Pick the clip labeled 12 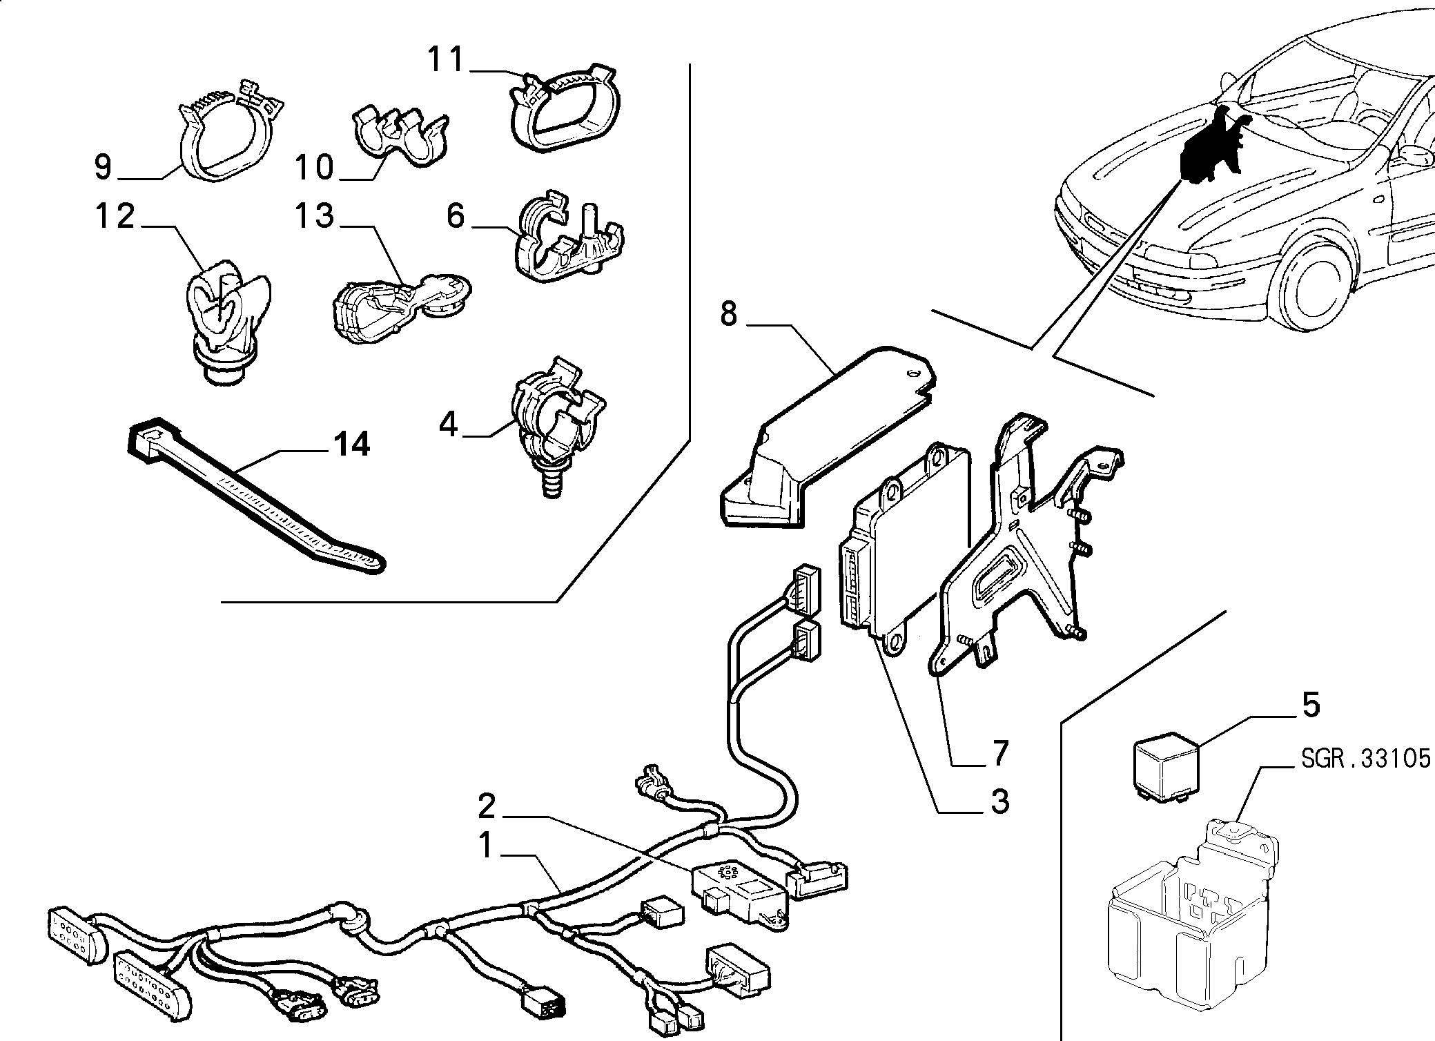pyautogui.click(x=226, y=318)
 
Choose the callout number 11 pyautogui.click(x=447, y=59)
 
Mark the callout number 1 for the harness pyautogui.click(x=487, y=846)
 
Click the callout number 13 pyautogui.click(x=315, y=215)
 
